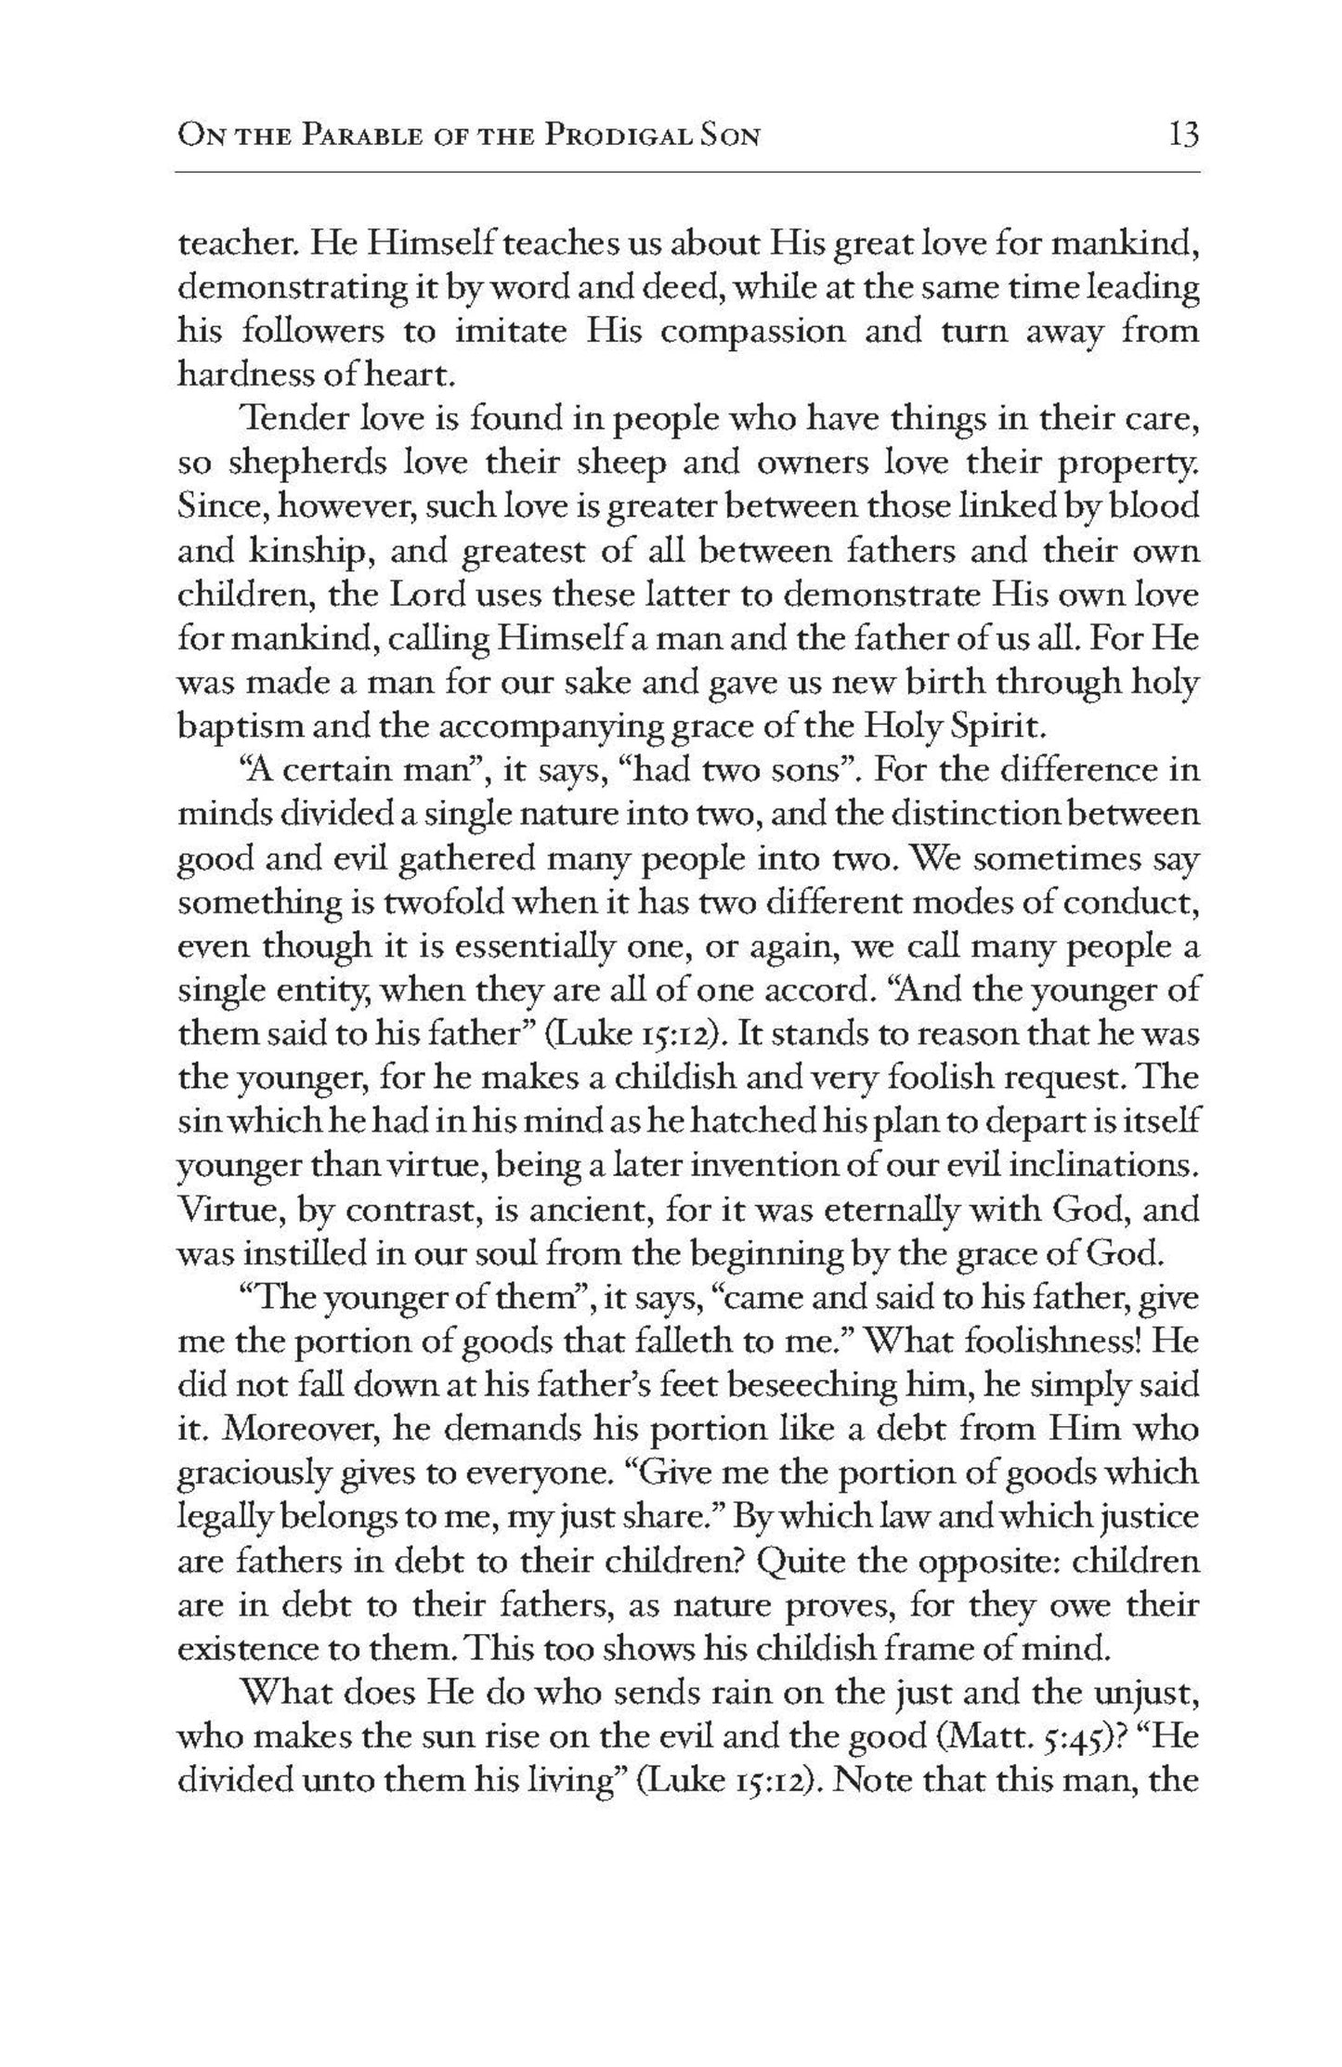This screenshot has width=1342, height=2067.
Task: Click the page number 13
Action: pos(1184,137)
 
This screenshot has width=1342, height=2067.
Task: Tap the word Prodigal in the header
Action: pos(623,137)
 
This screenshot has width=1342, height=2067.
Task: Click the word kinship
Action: pos(311,552)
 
